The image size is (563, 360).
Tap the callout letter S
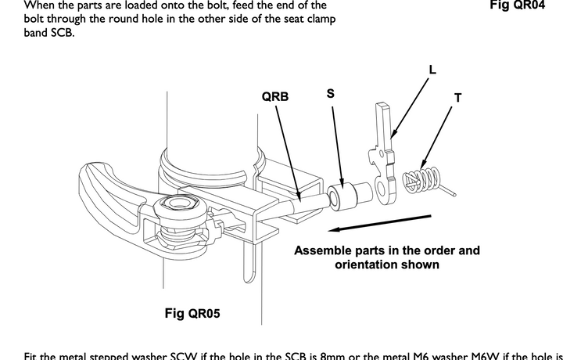(331, 93)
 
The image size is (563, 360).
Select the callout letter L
(432, 69)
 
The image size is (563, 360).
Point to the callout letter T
(457, 98)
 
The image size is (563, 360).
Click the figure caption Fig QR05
(192, 313)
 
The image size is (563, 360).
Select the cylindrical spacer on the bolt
(349, 195)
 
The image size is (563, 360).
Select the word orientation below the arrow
(360, 265)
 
